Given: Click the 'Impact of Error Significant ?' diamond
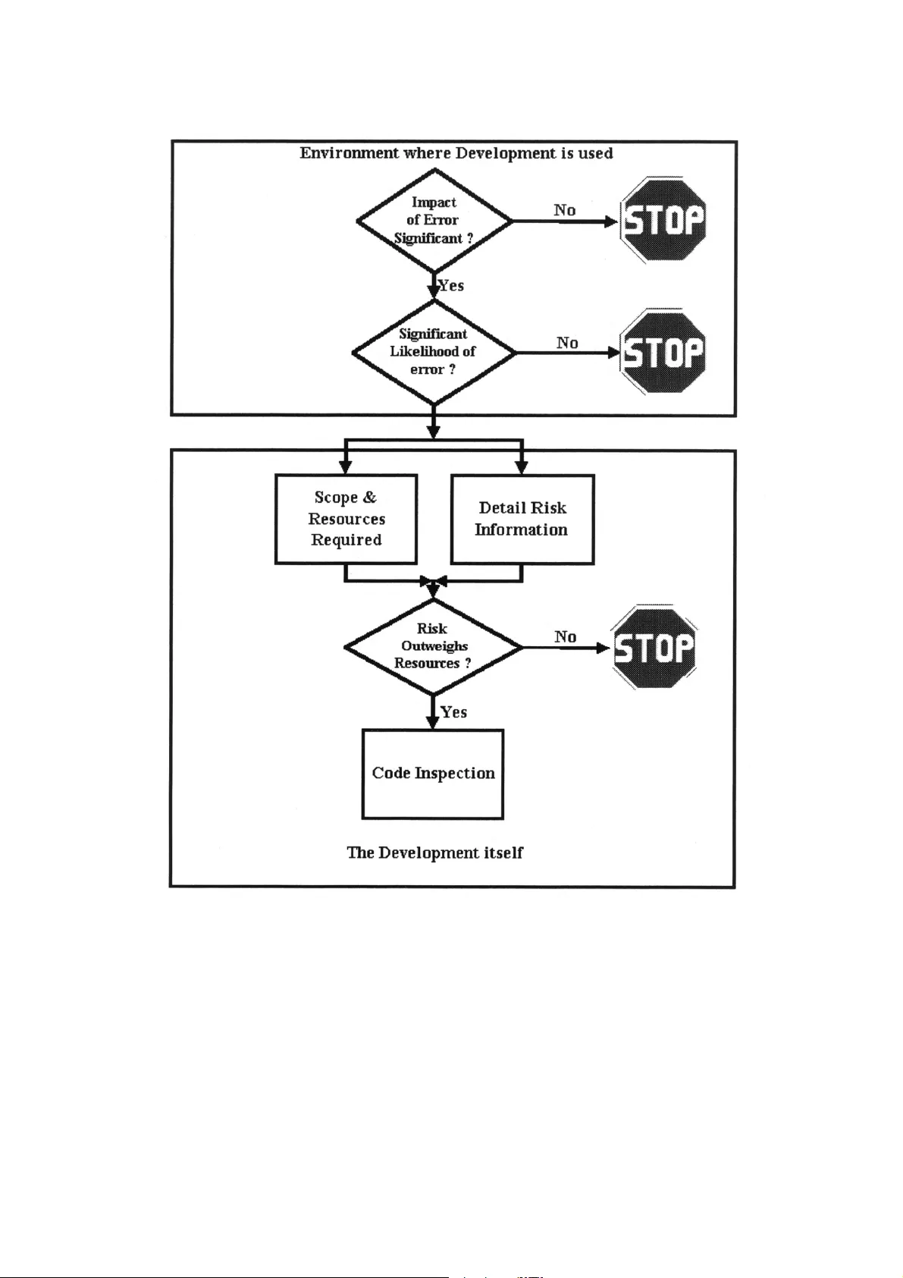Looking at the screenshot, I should click(434, 220).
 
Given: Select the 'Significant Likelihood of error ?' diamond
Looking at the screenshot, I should click(434, 352).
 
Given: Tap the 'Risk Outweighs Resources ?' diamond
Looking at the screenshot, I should click(433, 646).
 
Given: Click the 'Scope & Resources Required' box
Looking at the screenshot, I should click(346, 519).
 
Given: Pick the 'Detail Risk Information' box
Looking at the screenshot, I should click(522, 520).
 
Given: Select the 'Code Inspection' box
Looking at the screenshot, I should click(433, 774).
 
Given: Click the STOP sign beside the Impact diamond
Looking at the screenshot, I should click(663, 220).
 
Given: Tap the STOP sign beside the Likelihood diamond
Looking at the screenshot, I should click(663, 352).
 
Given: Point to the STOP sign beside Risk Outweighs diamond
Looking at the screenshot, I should click(654, 647).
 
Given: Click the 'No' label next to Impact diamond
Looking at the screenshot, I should click(564, 210).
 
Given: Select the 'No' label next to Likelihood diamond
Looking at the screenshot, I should click(567, 343).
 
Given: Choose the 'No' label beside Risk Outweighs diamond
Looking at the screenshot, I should click(565, 636).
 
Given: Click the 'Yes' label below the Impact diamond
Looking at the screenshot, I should click(451, 286).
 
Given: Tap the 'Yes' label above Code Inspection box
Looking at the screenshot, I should click(453, 712).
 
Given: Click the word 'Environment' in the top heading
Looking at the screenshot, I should click(349, 153).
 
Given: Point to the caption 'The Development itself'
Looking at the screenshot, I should click(434, 853).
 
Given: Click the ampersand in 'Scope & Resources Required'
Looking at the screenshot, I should click(369, 498).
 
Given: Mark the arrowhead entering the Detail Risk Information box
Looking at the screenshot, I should click(522, 467).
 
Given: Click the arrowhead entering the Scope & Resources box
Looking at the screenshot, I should click(346, 467).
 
